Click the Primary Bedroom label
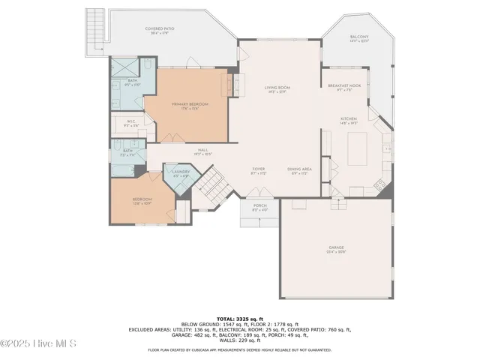coord(189,103)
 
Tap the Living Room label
coord(277,88)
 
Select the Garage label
coord(336,247)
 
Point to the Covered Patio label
coord(159,29)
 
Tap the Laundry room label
coord(180,172)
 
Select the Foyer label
coord(259,169)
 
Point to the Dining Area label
coord(299,169)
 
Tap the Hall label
coord(202,150)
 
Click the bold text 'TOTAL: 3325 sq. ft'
coord(239,319)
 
